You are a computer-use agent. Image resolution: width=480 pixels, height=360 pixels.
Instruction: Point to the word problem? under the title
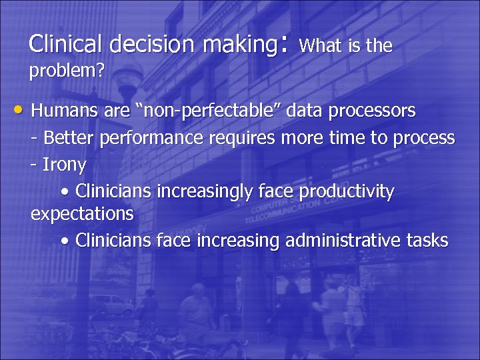click(x=66, y=71)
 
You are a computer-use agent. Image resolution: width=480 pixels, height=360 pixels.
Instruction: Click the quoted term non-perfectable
click(x=203, y=110)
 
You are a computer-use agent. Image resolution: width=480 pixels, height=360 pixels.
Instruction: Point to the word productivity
click(x=347, y=193)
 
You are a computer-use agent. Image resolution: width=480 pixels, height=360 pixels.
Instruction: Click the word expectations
click(x=82, y=215)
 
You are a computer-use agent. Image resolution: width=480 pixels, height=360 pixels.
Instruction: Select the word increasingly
click(x=204, y=193)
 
